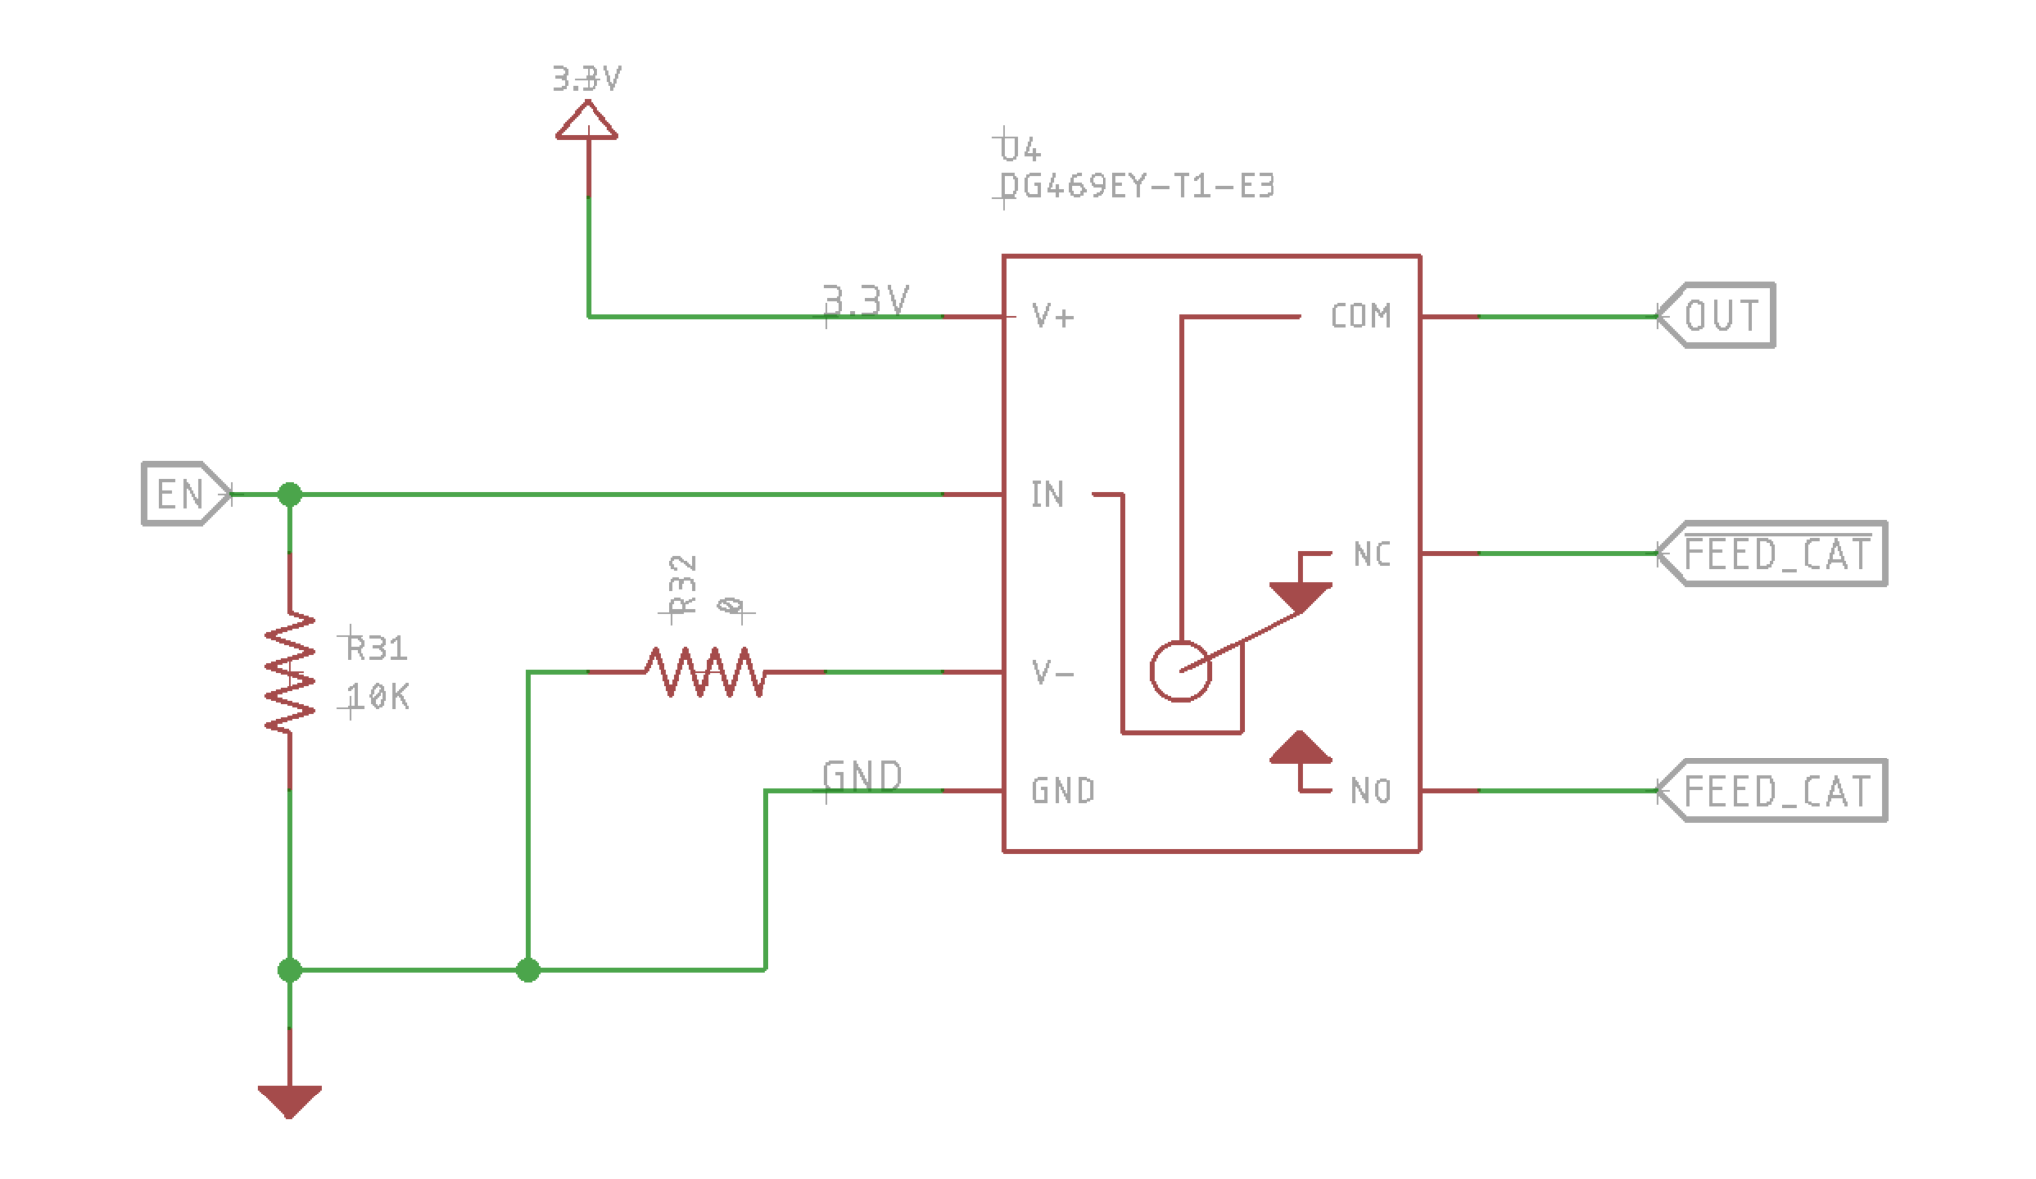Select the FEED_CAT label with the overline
coord(1780,554)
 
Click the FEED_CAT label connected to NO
coord(1780,791)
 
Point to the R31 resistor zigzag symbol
coord(290,673)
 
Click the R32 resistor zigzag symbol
coord(706,673)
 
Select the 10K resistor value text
coord(378,697)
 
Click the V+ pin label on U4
coord(1053,316)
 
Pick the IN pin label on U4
coord(1047,494)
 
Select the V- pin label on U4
coord(1053,673)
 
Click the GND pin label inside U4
coord(1063,791)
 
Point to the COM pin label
coord(1360,316)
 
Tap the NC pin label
coord(1372,554)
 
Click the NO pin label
coord(1370,791)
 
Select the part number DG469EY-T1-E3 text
coord(1137,186)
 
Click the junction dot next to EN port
coord(289,494)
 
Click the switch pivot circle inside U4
coord(1180,672)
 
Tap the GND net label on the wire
coord(862,775)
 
